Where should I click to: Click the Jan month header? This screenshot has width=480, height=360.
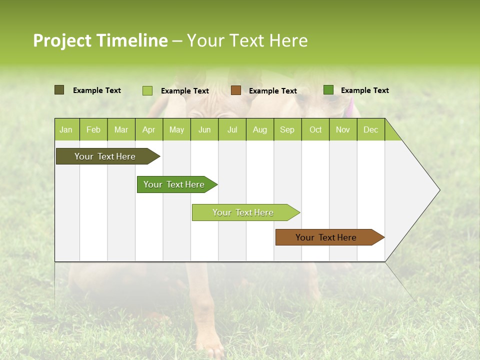tap(66, 129)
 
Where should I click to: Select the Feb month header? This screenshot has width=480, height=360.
tap(93, 129)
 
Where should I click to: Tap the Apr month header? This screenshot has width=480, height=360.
tap(148, 129)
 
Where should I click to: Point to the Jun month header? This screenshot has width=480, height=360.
tap(204, 129)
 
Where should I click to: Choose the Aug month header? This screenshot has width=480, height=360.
tap(259, 129)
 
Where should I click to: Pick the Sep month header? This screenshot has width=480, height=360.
tap(287, 129)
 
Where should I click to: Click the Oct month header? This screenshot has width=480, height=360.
tap(315, 129)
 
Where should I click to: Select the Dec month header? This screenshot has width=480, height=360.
tap(370, 129)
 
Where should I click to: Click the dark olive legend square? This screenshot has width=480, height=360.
tap(59, 90)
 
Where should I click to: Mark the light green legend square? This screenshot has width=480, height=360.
tap(147, 90)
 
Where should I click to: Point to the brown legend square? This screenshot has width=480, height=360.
tap(236, 90)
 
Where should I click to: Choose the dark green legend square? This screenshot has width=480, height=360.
tap(328, 90)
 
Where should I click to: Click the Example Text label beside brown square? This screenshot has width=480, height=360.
tap(272, 91)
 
